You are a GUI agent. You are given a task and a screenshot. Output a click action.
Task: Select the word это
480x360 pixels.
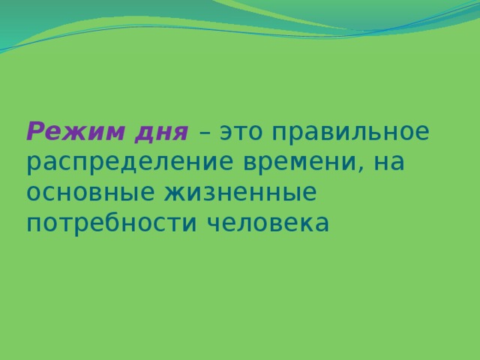coord(242,133)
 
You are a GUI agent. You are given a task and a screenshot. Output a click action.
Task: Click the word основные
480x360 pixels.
coord(89,193)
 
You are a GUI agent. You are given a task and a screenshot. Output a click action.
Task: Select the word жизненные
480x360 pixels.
coord(239,193)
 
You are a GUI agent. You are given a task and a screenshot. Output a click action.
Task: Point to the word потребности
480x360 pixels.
coord(103,223)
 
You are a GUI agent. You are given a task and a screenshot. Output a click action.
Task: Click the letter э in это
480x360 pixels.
coord(226,133)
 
